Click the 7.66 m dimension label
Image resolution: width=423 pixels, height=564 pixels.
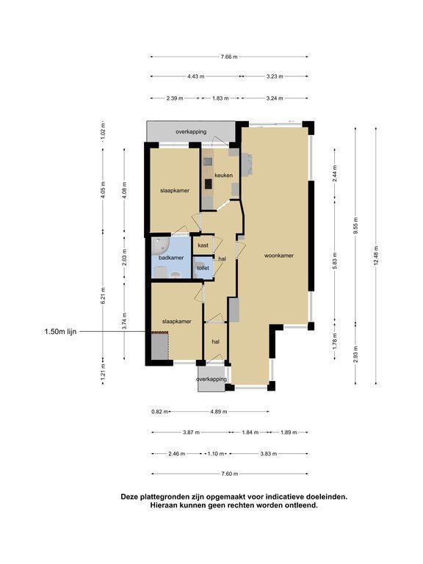point(229,57)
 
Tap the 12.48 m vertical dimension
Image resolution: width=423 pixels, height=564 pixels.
point(376,256)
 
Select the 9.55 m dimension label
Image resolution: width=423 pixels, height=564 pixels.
point(355,225)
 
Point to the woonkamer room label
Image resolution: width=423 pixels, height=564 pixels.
point(279,256)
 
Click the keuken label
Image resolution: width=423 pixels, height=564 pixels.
point(223,176)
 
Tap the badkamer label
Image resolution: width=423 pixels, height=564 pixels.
point(171,258)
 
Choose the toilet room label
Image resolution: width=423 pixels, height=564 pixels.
point(203,268)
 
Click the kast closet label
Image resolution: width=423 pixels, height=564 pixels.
point(203,246)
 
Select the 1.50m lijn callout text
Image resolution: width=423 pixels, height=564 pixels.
point(60,332)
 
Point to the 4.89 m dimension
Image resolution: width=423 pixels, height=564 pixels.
point(219,411)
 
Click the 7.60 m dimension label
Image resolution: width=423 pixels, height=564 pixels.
point(229,474)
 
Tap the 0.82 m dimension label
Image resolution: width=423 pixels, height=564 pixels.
point(159,411)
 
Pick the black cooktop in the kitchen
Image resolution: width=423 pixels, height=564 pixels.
point(209,184)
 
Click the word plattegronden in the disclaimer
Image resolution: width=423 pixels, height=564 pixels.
point(164,496)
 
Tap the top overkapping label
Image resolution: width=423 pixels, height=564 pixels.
point(191,131)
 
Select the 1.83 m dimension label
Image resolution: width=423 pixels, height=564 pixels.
point(220,98)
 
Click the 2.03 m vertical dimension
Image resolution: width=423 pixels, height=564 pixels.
point(124,258)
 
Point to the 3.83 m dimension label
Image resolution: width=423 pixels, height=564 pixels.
point(269,454)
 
